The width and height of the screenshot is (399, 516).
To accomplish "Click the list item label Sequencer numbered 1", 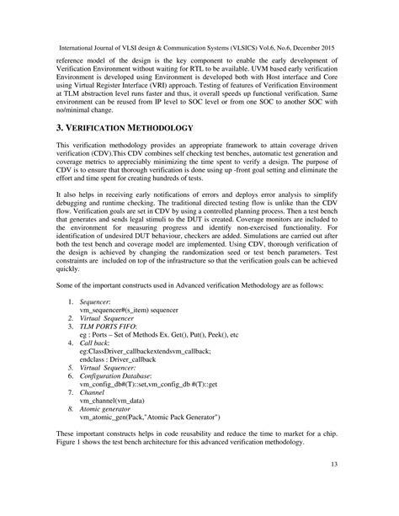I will click(99, 323).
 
